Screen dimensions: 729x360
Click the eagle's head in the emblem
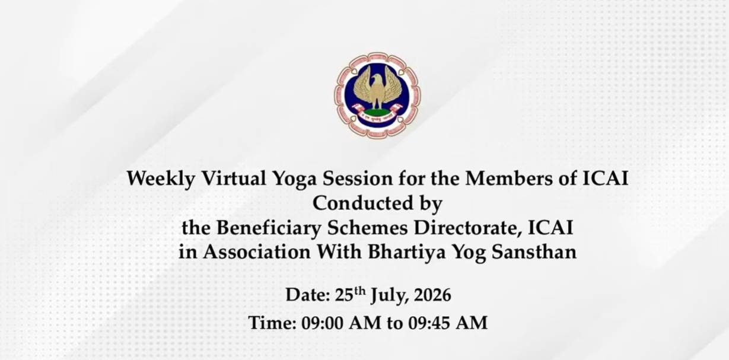tap(377, 79)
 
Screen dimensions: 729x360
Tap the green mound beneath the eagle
tap(377, 112)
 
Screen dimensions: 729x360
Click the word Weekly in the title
tap(161, 179)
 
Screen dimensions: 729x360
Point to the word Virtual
tap(234, 179)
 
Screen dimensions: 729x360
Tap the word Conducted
tap(358, 203)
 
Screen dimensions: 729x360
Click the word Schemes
tap(367, 228)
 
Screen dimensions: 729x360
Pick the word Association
tap(257, 252)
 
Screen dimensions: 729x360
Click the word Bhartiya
tap(407, 253)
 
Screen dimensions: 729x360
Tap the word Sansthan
tap(534, 252)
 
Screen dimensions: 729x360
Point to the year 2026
tap(432, 295)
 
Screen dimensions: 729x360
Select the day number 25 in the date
tap(344, 295)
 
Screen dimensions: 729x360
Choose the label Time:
tap(272, 323)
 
